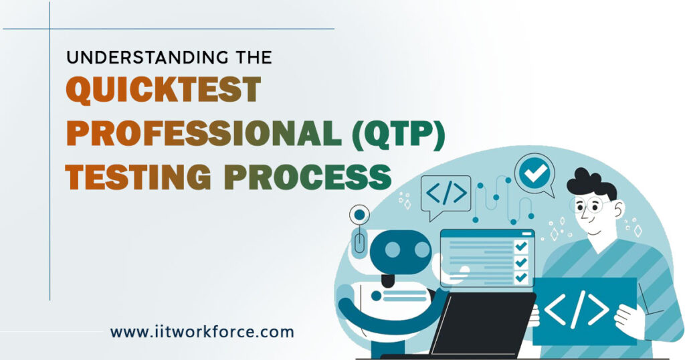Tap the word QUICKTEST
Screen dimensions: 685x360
coord(163,90)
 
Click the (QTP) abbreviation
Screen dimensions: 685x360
coord(399,134)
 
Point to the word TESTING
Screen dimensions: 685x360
coord(138,177)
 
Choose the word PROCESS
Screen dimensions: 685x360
coord(310,177)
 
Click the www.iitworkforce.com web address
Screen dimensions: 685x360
coord(202,332)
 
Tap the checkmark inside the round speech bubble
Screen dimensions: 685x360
coord(535,173)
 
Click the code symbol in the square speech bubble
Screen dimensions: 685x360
coord(446,193)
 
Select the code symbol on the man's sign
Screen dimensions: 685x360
coord(577,309)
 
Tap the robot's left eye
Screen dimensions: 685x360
coord(392,250)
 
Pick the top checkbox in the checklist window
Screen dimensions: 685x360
coord(520,247)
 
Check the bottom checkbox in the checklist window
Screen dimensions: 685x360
coord(520,278)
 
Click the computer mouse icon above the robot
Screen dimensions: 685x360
coord(359,242)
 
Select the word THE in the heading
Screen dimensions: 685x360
coord(255,58)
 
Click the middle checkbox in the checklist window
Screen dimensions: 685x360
coord(520,262)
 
